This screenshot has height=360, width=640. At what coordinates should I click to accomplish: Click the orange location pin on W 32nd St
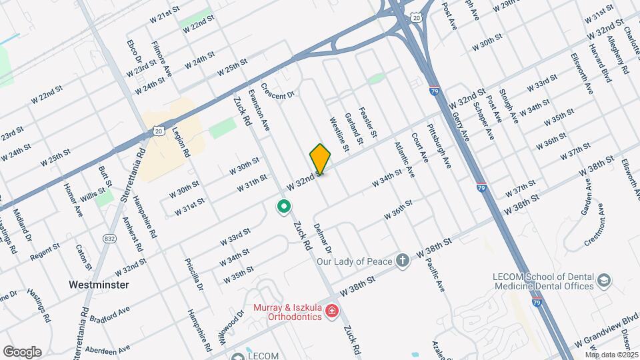point(321,159)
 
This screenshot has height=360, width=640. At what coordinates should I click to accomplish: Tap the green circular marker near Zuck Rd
point(284,208)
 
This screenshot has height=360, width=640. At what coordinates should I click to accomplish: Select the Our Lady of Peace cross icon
point(402,260)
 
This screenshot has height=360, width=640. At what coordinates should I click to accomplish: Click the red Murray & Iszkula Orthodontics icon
point(332,311)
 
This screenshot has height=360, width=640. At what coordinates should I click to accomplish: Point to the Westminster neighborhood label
point(99,285)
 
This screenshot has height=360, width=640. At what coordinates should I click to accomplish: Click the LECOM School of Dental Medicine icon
point(604,280)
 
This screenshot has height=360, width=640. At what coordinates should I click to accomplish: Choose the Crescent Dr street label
point(277,91)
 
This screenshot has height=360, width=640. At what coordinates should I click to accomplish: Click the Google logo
point(22,351)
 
